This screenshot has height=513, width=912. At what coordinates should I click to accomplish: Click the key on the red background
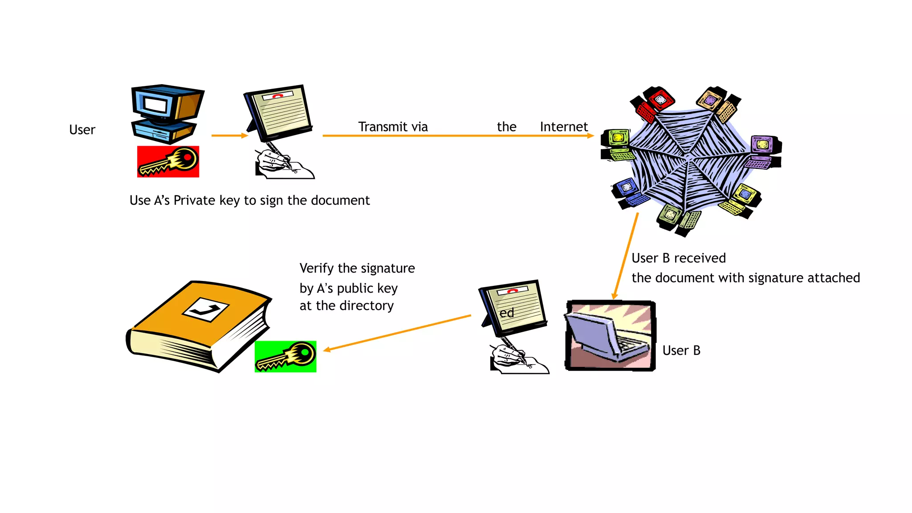tap(168, 162)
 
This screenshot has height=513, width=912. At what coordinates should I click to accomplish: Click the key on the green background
tap(285, 356)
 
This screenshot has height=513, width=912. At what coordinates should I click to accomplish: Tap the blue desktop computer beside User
tap(167, 114)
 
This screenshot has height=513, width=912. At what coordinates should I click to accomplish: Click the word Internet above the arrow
tap(563, 127)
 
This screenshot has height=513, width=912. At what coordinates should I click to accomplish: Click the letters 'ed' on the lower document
tap(506, 313)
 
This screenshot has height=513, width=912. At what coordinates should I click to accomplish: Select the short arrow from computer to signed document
tap(229, 135)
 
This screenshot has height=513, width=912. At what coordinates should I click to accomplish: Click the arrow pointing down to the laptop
tap(626, 256)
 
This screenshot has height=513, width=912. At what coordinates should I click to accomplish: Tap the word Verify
tap(316, 269)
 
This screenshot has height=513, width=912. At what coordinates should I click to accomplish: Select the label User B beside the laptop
tap(681, 350)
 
